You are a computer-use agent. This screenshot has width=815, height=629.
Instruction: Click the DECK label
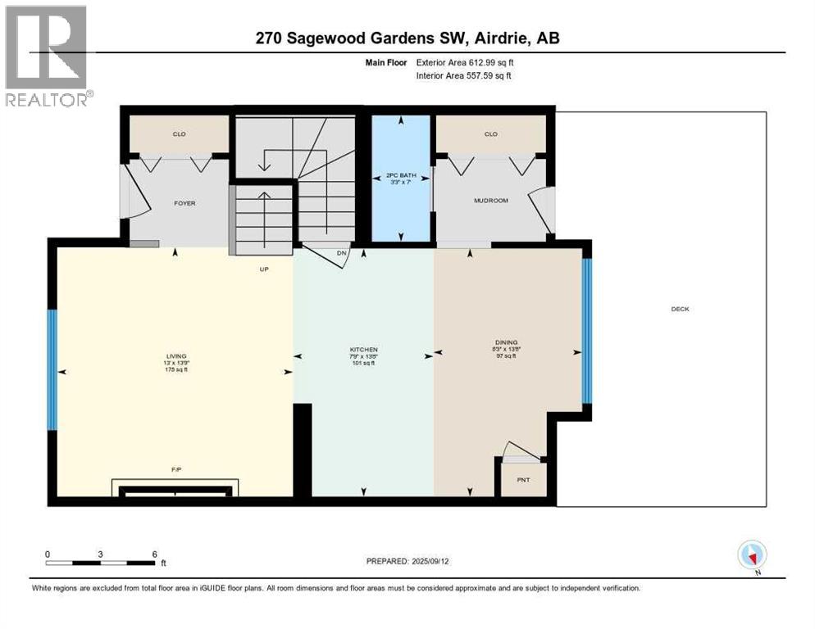[x=680, y=309]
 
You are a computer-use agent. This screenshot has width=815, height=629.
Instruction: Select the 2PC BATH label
[x=401, y=175]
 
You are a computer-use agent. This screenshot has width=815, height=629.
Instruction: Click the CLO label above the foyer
[x=179, y=134]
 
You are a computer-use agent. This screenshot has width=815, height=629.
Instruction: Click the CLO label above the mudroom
[x=490, y=134]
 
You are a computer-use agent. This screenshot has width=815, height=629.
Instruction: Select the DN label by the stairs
[x=343, y=254]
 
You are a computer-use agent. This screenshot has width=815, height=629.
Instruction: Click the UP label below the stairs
[x=264, y=269]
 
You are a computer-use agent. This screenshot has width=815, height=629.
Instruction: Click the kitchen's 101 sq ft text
[x=363, y=363]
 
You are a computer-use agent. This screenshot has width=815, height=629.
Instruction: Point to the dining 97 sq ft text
[x=506, y=355]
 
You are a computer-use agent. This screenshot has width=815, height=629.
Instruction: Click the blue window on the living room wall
[x=52, y=369]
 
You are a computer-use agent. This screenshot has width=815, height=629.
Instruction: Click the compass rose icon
[x=752, y=555]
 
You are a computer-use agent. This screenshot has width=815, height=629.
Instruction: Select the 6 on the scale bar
[x=154, y=554]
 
